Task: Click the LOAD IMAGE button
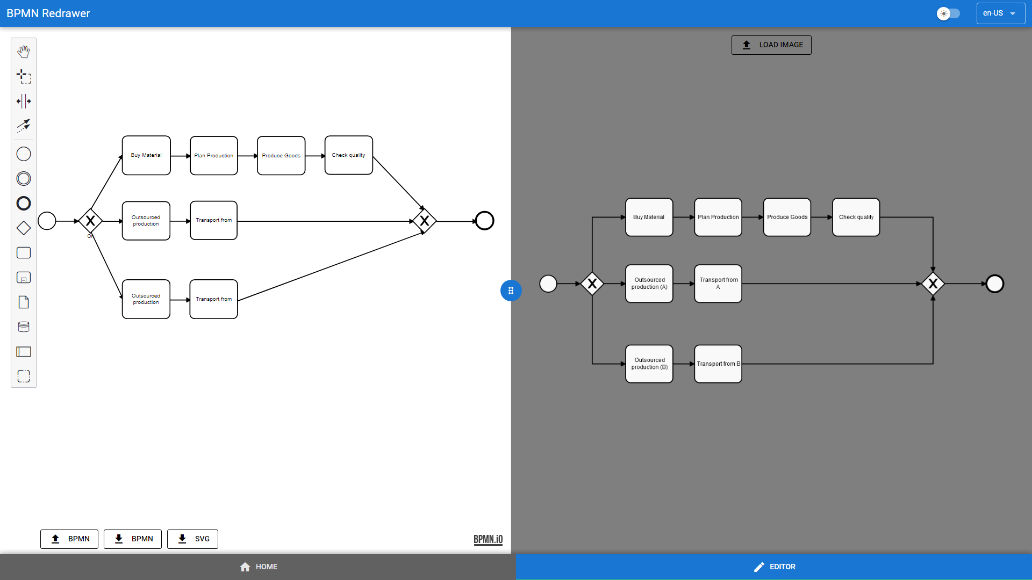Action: pos(771,45)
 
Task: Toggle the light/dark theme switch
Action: pos(948,13)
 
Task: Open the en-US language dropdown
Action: pos(1000,13)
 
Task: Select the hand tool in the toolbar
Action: pos(24,52)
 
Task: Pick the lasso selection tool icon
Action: pos(24,76)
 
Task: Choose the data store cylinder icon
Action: pos(24,327)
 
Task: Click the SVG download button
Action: pos(192,539)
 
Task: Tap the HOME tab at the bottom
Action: pos(258,567)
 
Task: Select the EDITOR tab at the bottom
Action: pos(774,567)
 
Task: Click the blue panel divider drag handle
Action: pos(511,291)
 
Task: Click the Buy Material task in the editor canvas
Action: pos(146,155)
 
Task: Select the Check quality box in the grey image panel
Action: pos(856,217)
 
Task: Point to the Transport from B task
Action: pos(718,364)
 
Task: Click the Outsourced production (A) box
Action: pos(649,284)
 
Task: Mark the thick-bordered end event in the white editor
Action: pos(484,221)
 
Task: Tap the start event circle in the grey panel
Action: pos(548,284)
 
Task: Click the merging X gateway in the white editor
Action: pos(424,221)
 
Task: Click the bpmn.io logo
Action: pos(488,539)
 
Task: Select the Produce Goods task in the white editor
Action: pos(281,155)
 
